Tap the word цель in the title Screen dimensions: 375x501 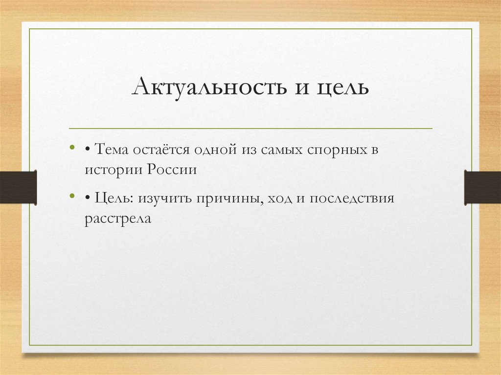(343, 88)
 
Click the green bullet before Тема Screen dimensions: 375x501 (72, 147)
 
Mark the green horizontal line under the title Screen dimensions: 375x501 (250, 129)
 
